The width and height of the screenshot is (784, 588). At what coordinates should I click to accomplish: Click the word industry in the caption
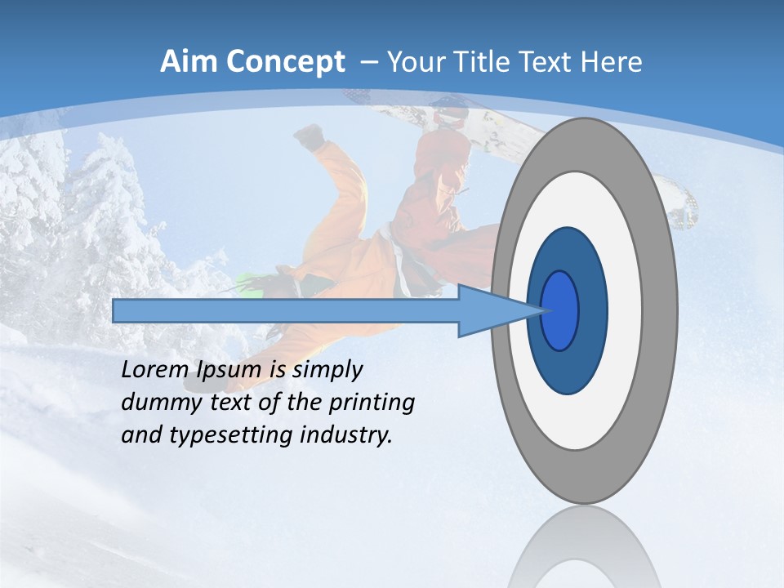pyautogui.click(x=346, y=434)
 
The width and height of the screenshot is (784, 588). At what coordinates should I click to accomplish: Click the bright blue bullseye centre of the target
pyautogui.click(x=560, y=310)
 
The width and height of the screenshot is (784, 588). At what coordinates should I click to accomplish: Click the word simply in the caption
pyautogui.click(x=327, y=370)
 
